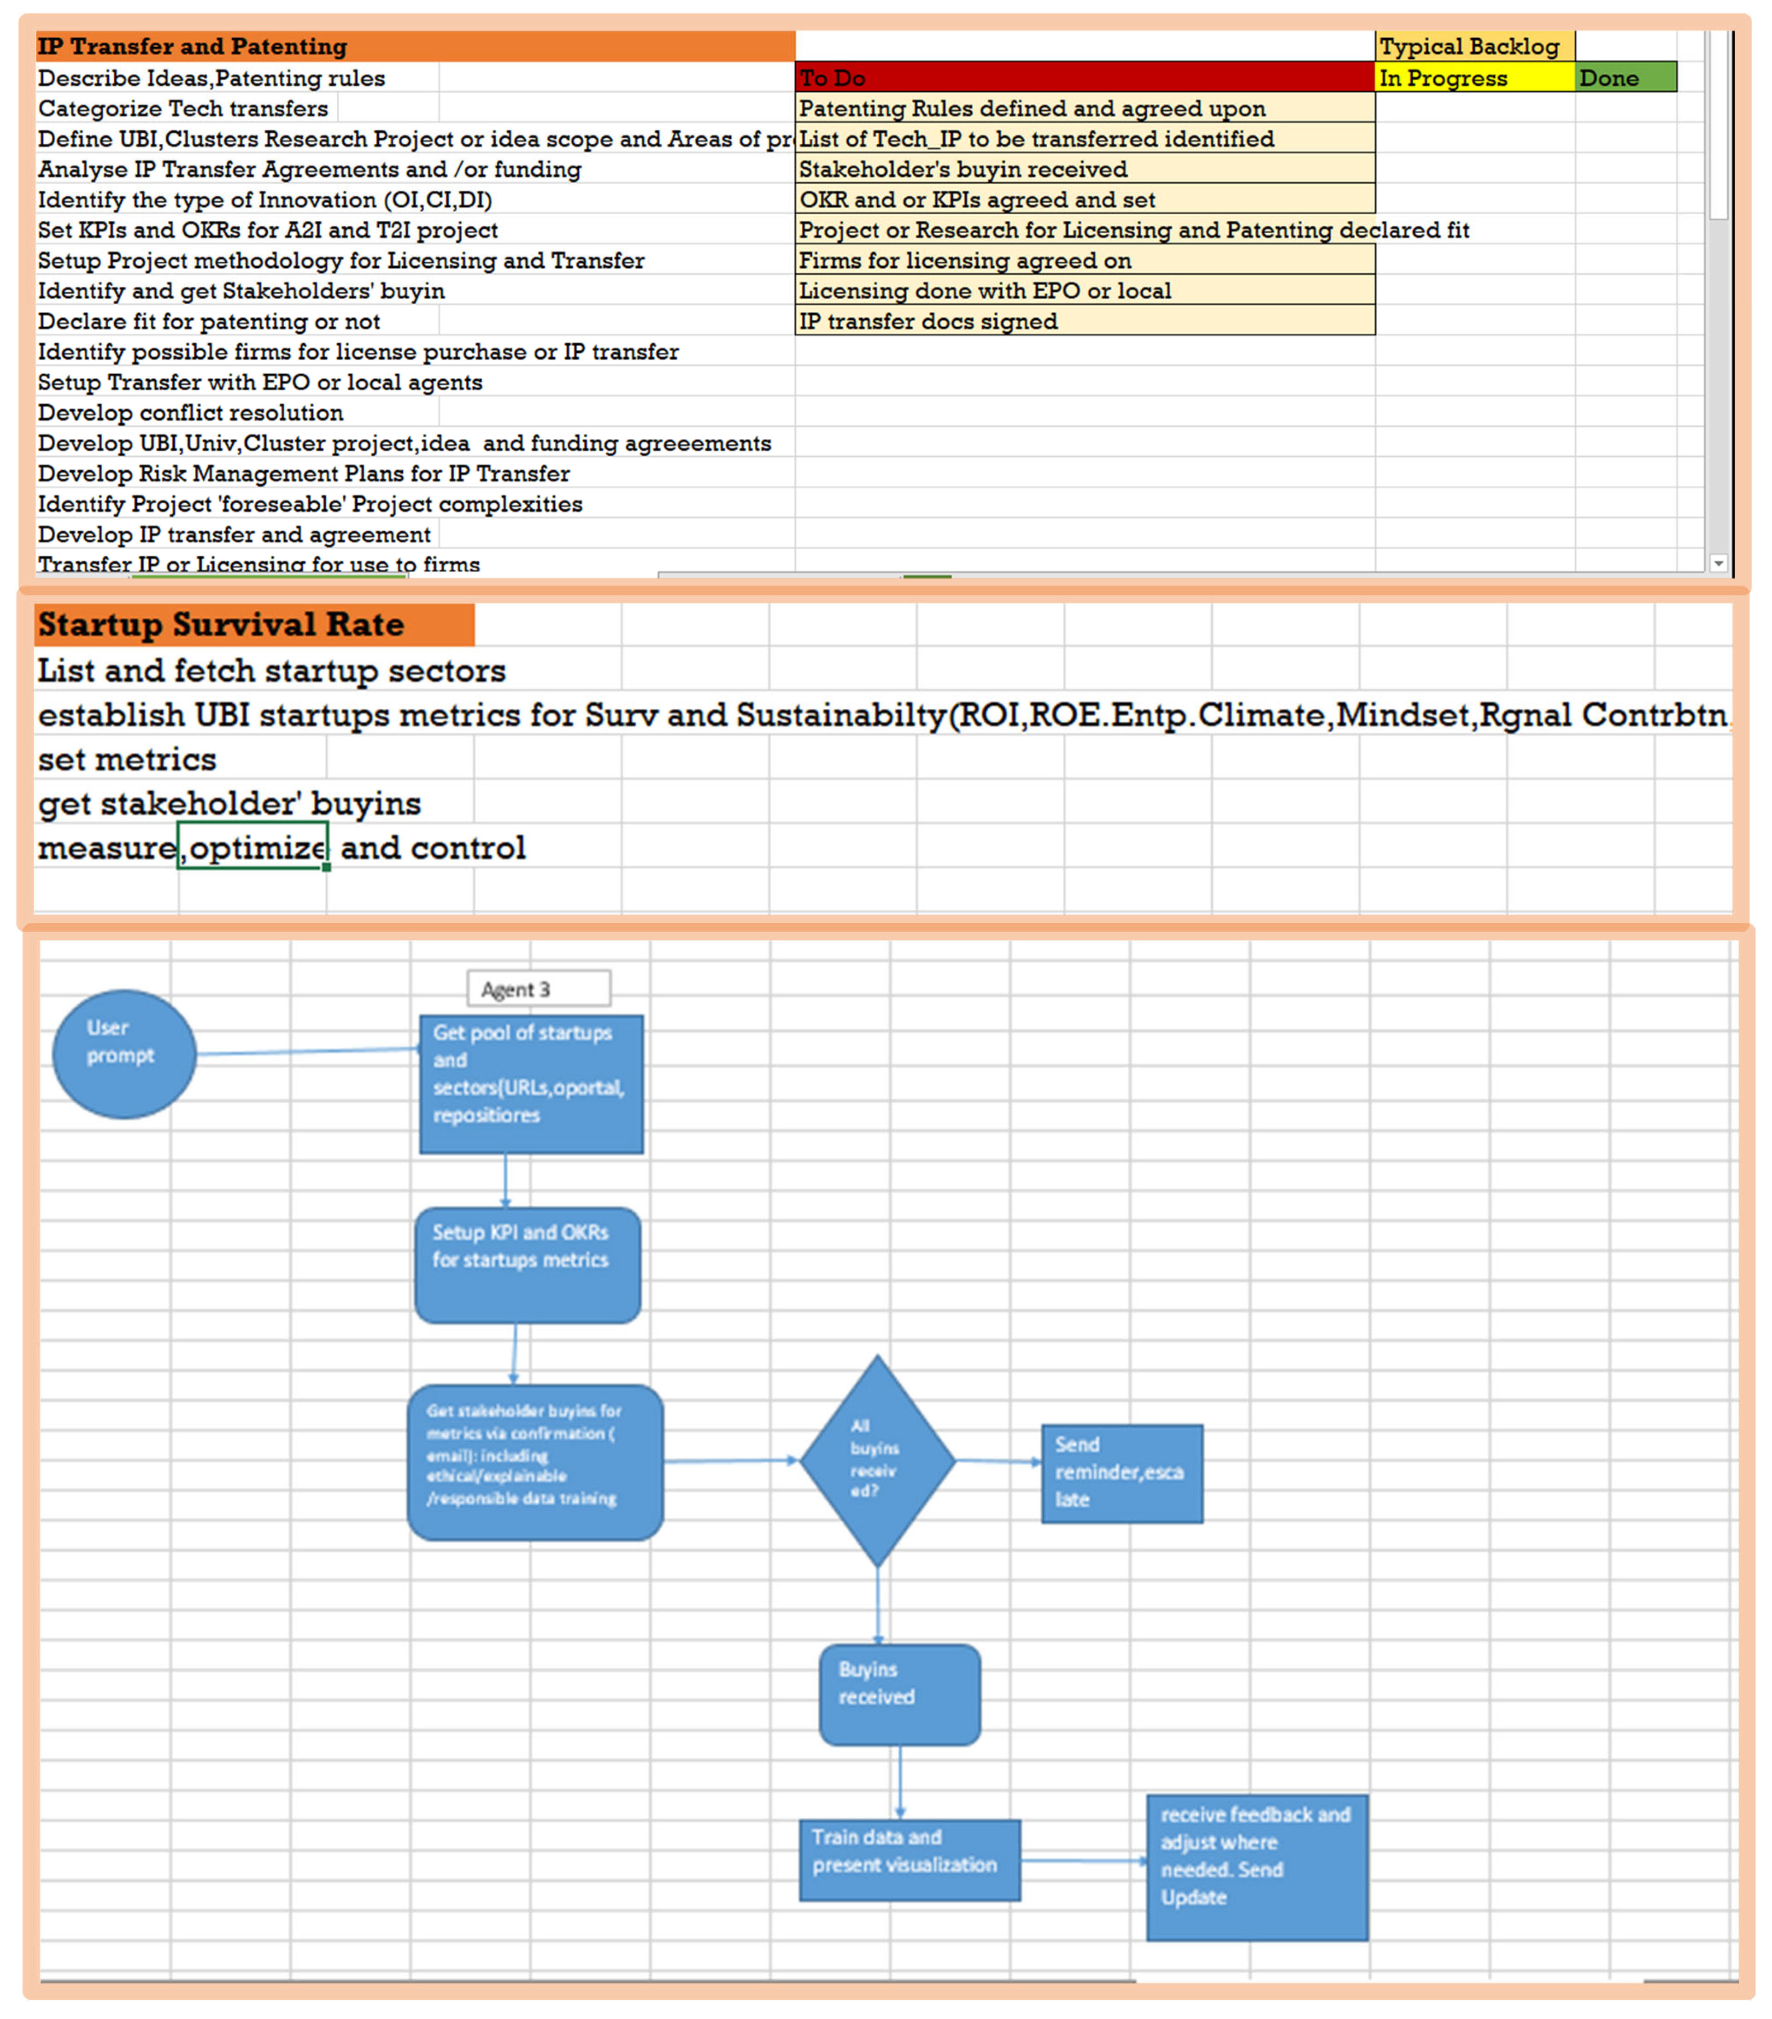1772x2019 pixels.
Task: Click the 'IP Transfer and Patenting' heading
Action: pos(193,47)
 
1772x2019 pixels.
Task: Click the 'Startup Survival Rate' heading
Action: pos(221,624)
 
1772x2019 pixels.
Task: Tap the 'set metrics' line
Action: pos(128,759)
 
